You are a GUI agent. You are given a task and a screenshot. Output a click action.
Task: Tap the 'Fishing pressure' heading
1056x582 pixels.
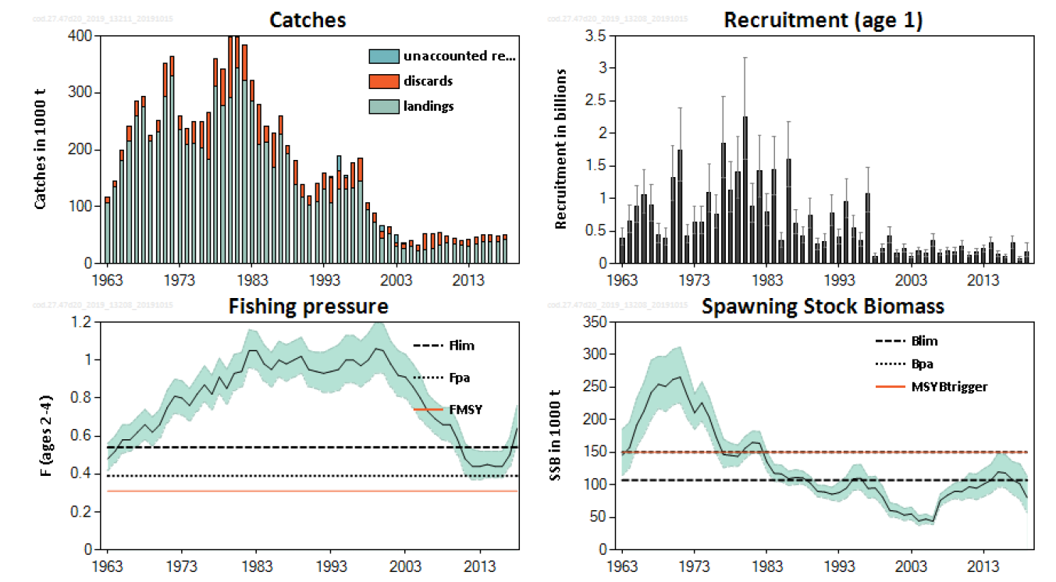[x=308, y=307]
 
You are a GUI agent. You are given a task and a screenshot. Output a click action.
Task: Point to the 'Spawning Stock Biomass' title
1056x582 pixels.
[x=823, y=307]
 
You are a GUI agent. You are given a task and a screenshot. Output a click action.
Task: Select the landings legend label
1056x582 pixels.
[x=428, y=106]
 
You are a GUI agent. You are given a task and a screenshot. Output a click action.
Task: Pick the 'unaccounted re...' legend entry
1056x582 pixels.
[x=459, y=56]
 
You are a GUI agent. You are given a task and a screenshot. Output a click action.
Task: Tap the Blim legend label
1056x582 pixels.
[x=924, y=341]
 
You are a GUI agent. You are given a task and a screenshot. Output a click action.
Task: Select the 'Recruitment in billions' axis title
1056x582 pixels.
[x=560, y=148]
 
